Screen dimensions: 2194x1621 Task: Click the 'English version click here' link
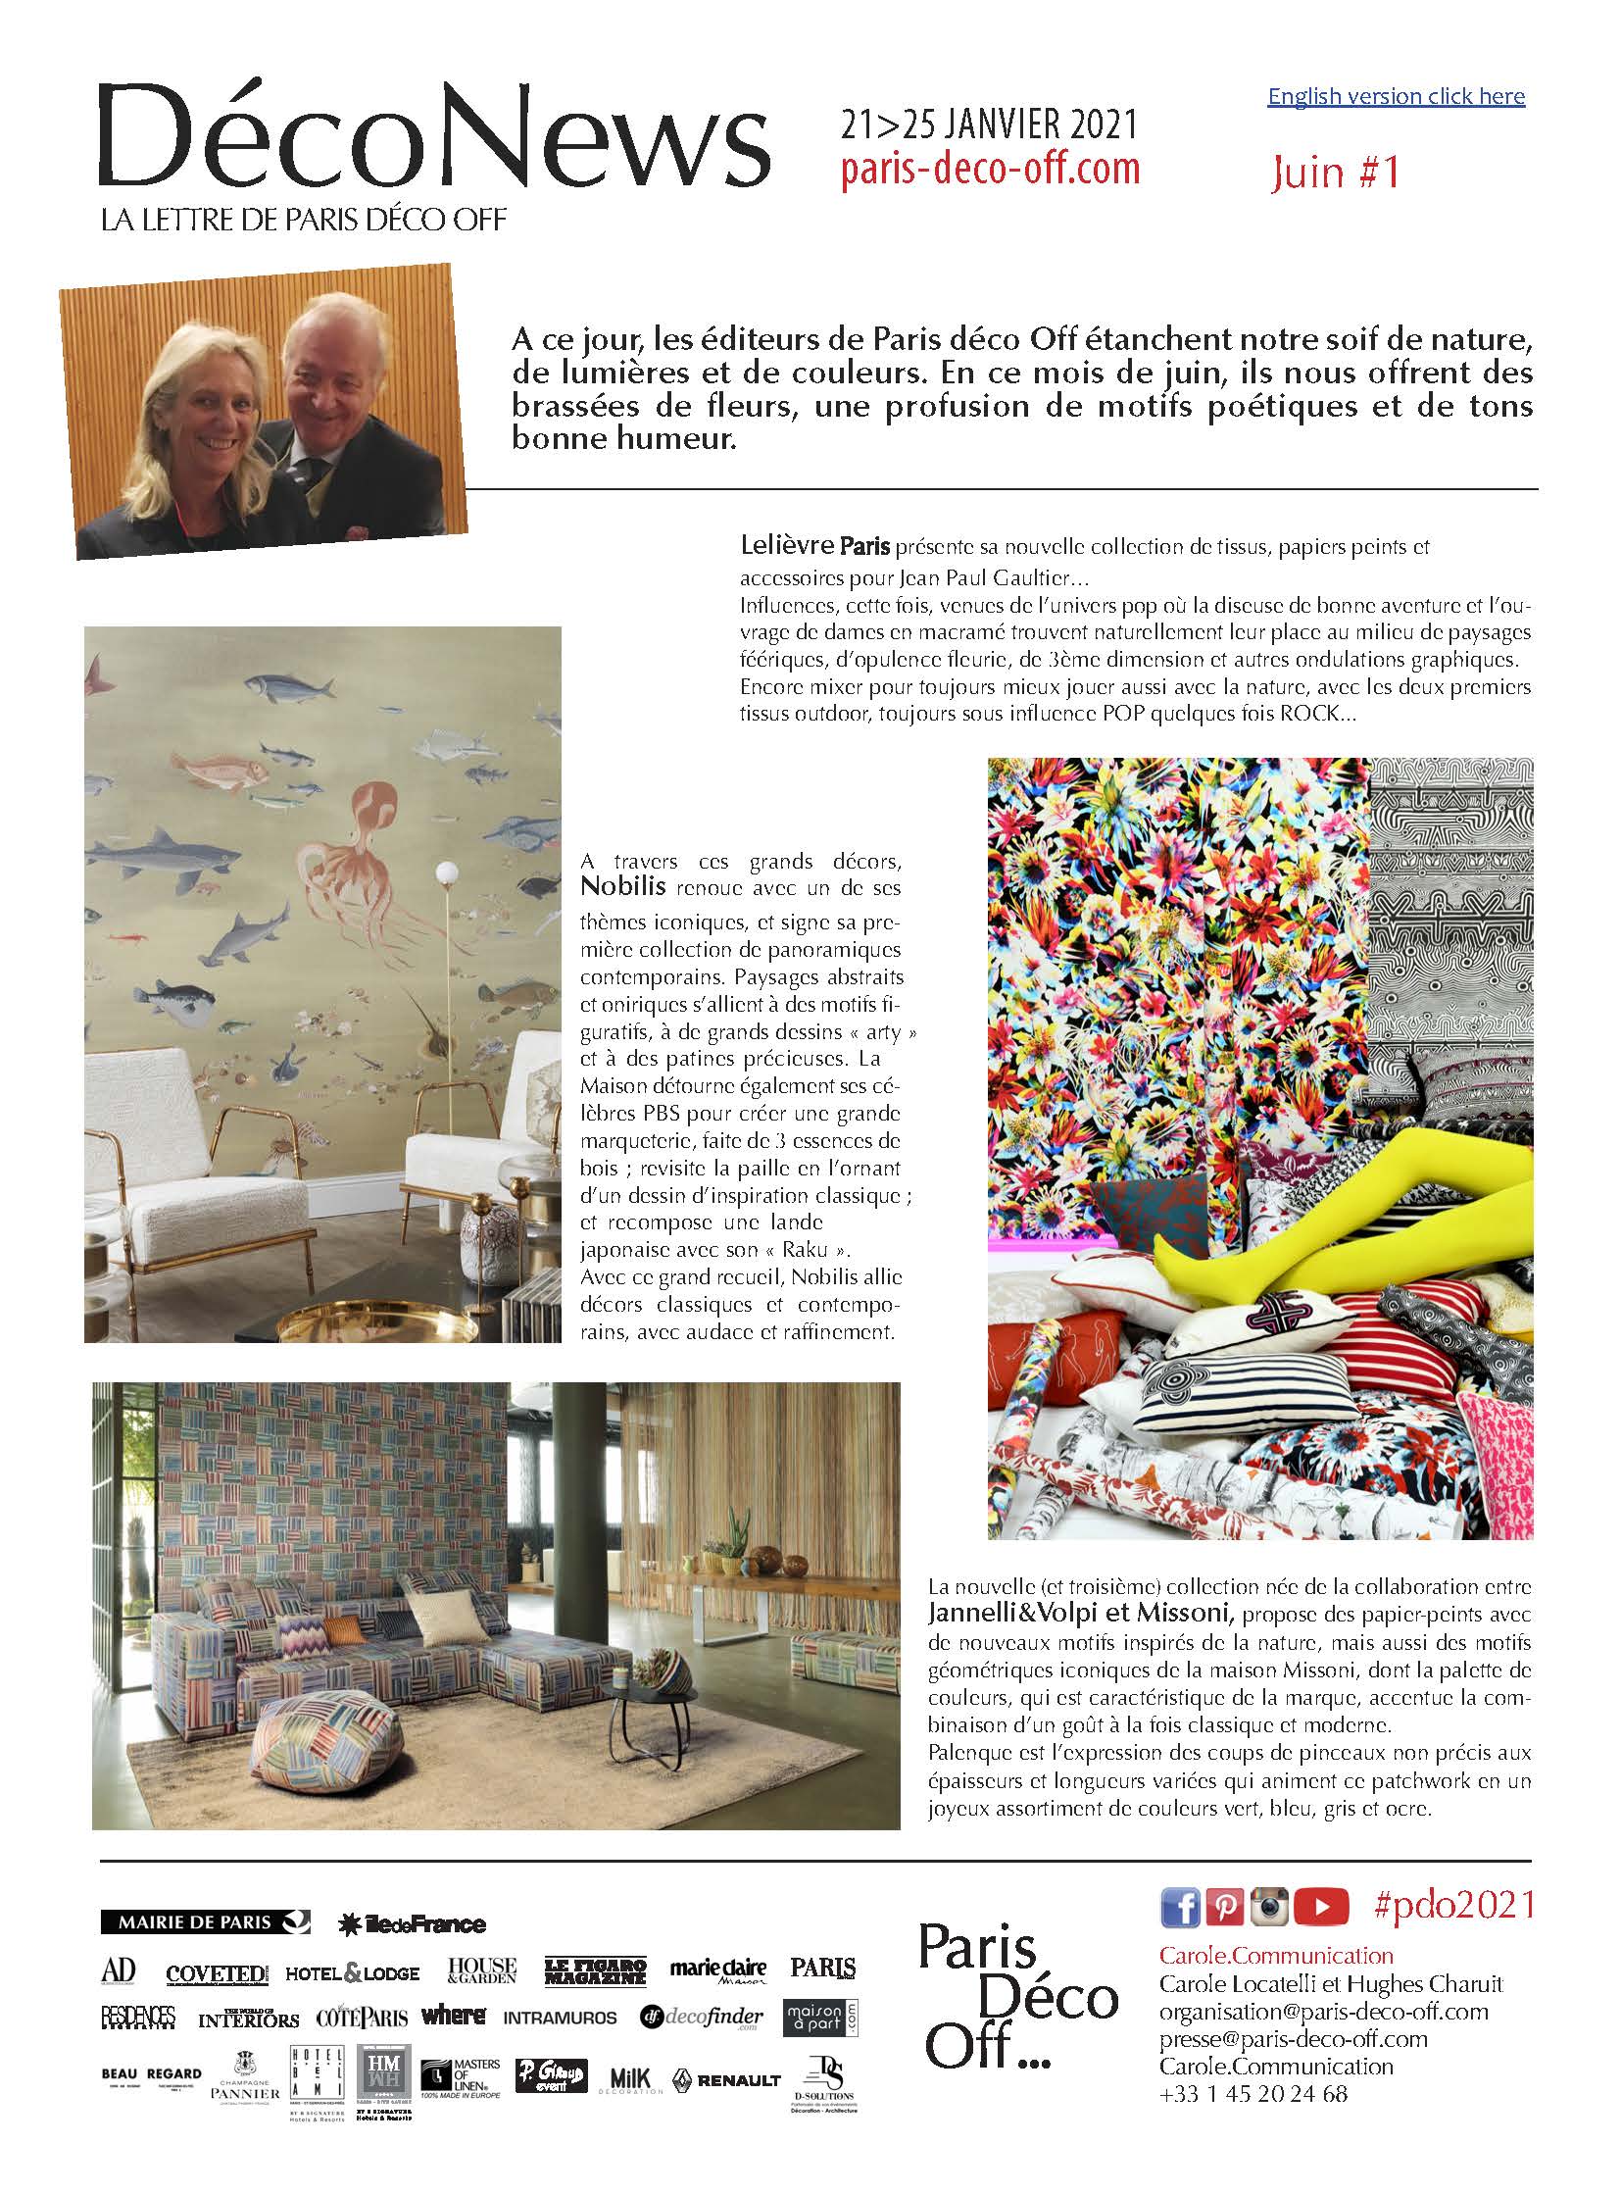(1396, 96)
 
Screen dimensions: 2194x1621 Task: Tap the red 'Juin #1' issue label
(1335, 173)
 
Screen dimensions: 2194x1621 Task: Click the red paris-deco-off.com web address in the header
(990, 169)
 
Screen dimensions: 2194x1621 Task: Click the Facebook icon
(1179, 1908)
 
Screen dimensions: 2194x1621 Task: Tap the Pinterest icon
(1226, 1908)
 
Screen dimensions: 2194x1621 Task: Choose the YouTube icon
(1321, 1908)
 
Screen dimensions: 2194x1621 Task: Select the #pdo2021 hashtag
(1454, 1907)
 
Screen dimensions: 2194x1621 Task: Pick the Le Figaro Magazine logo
(596, 1971)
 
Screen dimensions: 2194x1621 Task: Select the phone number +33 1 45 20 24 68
(1253, 2094)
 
